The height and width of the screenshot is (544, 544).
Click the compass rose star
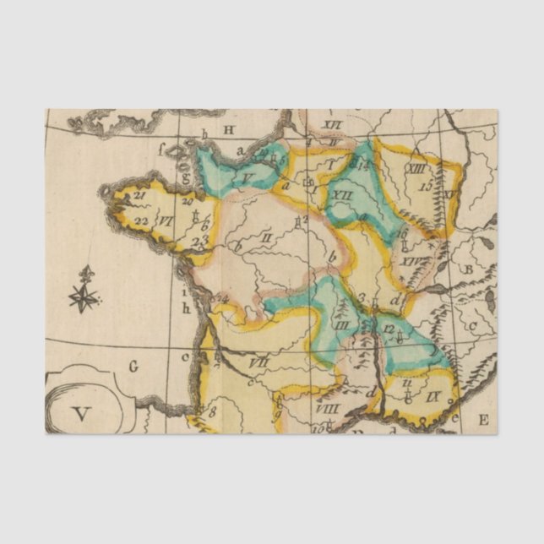pos(84,297)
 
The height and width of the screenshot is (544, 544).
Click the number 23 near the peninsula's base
pos(199,241)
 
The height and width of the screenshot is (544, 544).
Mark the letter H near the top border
pos(228,129)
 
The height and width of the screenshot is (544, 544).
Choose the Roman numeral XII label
pos(343,195)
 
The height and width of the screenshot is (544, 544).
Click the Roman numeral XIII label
pos(415,169)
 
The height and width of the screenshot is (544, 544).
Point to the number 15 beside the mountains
pos(426,184)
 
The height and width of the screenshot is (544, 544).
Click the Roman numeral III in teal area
pos(341,324)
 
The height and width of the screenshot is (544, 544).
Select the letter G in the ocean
pos(133,366)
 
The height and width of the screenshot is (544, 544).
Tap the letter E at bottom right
pos(483,419)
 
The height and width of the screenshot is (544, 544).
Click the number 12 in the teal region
pos(389,328)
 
